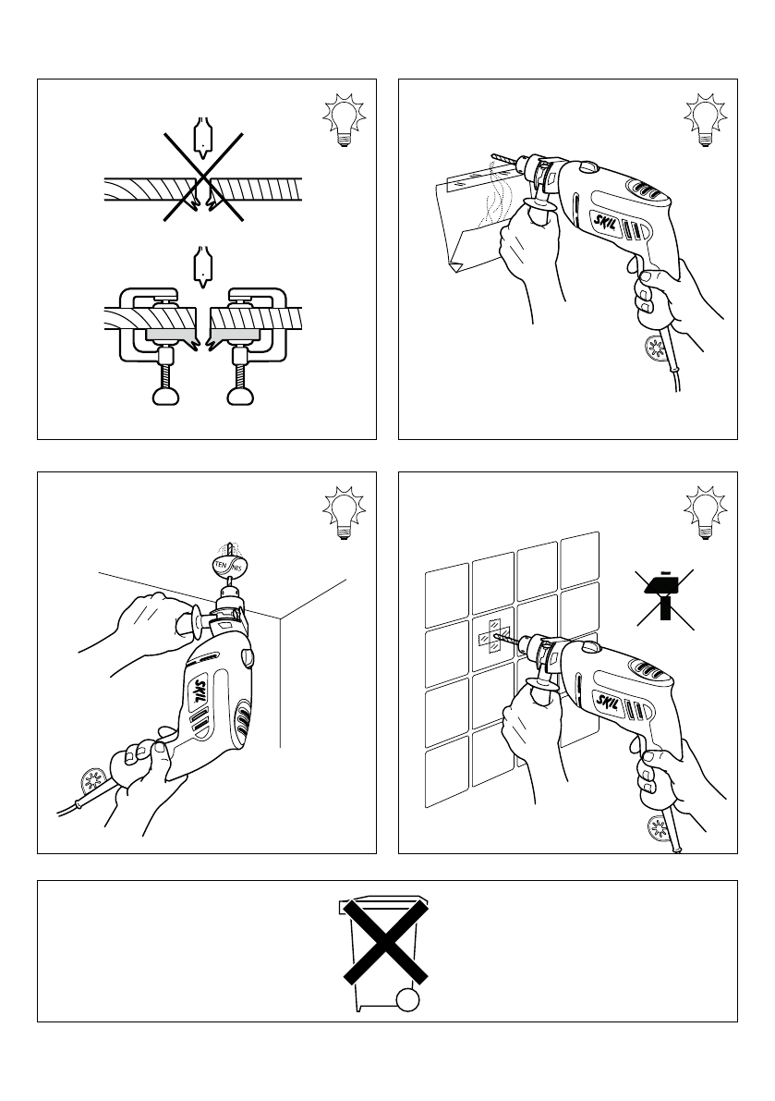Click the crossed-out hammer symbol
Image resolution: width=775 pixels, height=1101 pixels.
[x=664, y=600]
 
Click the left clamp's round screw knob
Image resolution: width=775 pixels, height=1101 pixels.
[x=165, y=396]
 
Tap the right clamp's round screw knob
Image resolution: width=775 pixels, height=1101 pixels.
[x=241, y=396]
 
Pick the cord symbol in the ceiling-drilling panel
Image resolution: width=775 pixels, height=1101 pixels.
[x=93, y=781]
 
